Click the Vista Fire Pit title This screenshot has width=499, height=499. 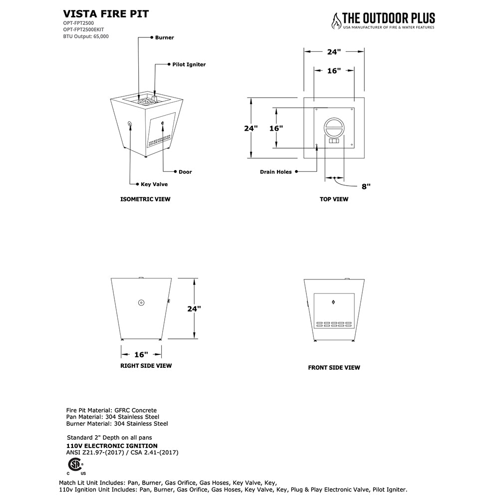tap(106, 14)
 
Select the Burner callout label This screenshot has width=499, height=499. tap(164, 37)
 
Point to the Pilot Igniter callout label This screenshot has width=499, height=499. tap(189, 64)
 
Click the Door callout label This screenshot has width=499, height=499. tap(185, 172)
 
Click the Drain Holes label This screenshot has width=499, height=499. tap(275, 172)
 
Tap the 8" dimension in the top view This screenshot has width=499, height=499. tap(366, 186)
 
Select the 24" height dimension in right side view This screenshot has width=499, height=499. tap(194, 308)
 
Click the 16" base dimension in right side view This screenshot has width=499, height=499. tap(141, 354)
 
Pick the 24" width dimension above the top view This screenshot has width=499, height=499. tap(334, 51)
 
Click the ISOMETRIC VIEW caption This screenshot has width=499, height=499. tap(145, 199)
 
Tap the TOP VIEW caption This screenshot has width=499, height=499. tap(334, 199)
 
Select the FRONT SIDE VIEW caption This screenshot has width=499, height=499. tap(334, 368)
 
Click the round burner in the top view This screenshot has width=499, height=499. tap(334, 127)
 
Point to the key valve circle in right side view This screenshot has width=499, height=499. tap(141, 302)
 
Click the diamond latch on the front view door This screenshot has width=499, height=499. tap(333, 301)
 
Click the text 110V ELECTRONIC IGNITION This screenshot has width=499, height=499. tap(112, 446)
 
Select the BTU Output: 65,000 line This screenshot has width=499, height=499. tap(86, 36)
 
